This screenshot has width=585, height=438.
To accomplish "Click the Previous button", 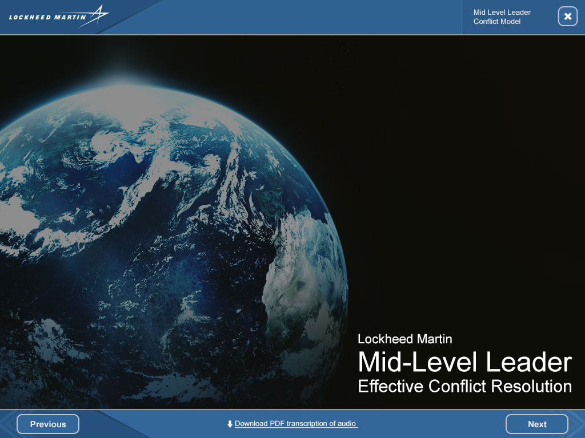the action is coord(48,424).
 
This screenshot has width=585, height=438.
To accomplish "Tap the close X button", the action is coord(567,17).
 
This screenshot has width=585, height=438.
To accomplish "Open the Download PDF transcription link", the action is coord(295,424).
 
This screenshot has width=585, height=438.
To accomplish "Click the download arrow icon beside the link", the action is coord(230,424).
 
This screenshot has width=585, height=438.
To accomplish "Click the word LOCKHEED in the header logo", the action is coord(29,17).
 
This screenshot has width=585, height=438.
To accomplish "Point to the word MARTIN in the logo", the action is coord(70,17).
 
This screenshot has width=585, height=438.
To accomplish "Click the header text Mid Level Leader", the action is coord(502,13).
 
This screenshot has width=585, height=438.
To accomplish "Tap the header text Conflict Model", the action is coord(497,22).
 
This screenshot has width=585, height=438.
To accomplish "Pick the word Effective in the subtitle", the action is coord(391,386).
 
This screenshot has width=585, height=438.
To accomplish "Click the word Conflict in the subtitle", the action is coord(457,386).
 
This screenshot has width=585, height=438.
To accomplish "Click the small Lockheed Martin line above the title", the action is coord(405,339).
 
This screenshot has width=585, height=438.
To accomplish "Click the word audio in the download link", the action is coord(347,424).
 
